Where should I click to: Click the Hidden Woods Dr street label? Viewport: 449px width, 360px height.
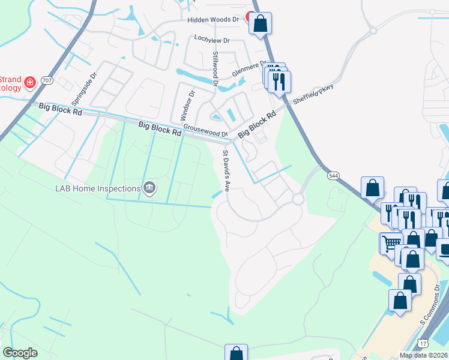tap(213, 19)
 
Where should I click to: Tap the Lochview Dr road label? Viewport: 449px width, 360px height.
tap(212, 39)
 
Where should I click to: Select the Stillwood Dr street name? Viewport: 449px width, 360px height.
tap(215, 70)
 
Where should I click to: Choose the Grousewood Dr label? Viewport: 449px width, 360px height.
tap(205, 130)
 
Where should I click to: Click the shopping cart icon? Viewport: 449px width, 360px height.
tap(391, 242)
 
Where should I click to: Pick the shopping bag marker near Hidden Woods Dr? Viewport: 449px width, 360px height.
tap(261, 24)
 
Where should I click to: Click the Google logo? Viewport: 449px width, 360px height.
tap(20, 353)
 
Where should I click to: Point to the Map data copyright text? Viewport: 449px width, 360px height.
tap(424, 355)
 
